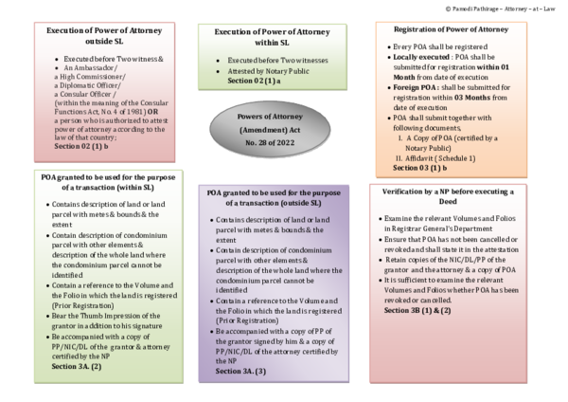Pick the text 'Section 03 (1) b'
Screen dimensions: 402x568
[420, 167]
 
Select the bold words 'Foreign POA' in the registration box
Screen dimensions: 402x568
[417, 85]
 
